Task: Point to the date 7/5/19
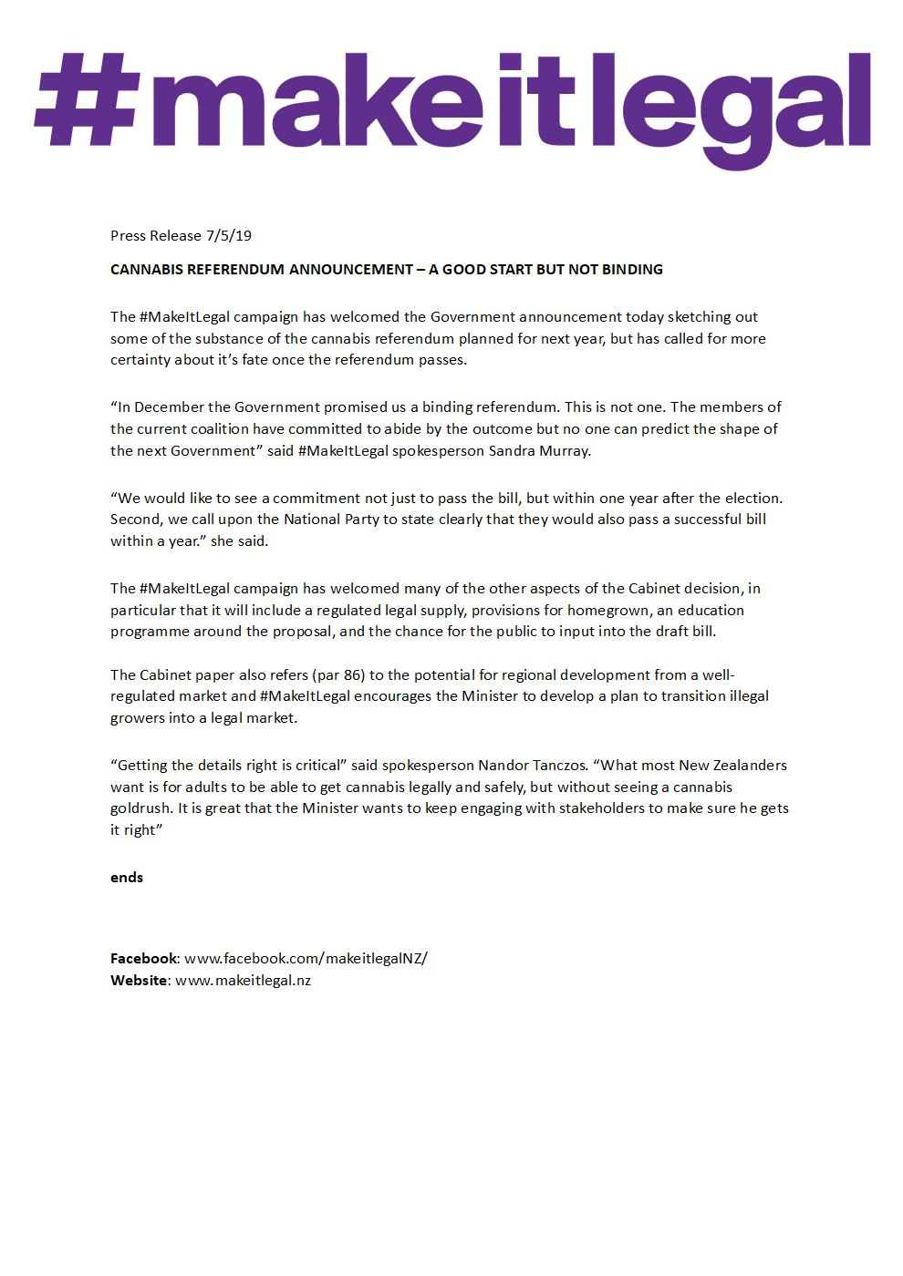tap(229, 236)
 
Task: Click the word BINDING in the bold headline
tap(632, 270)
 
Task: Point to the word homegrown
tap(609, 611)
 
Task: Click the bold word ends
tap(127, 878)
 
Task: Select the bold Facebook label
tap(143, 959)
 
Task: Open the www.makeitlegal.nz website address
tap(243, 981)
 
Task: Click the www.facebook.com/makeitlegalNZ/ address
tap(306, 959)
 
